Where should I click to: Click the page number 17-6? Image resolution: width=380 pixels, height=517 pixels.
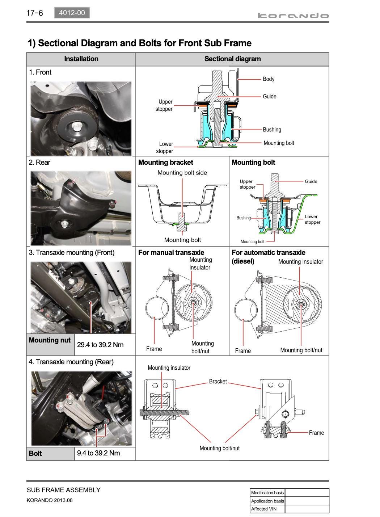click(34, 13)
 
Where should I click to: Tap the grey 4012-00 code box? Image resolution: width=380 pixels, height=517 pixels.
click(72, 13)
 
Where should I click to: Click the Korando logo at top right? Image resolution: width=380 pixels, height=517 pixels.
click(293, 15)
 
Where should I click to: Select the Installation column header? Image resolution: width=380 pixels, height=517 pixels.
click(81, 59)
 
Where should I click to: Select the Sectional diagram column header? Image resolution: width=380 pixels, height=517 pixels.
click(232, 59)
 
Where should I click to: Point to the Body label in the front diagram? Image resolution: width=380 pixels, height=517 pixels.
click(269, 79)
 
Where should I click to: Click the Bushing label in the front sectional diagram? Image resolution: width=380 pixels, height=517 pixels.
click(272, 130)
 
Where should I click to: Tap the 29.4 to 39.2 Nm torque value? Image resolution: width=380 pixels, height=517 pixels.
click(100, 345)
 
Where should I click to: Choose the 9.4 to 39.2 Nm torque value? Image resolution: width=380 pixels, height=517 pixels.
click(98, 453)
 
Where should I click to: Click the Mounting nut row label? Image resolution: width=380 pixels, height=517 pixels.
click(50, 340)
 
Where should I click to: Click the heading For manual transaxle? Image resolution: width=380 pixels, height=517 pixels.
click(171, 252)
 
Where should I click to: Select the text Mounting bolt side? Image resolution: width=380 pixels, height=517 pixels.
click(182, 173)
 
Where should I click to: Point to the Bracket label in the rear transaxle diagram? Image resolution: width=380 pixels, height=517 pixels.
click(218, 381)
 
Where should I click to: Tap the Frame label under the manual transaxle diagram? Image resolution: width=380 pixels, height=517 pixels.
click(154, 349)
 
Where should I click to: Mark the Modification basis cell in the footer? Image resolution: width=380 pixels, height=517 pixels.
click(267, 493)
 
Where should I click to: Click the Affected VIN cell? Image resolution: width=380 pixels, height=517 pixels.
click(264, 509)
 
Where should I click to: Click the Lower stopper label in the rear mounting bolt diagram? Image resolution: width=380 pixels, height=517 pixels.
click(312, 219)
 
